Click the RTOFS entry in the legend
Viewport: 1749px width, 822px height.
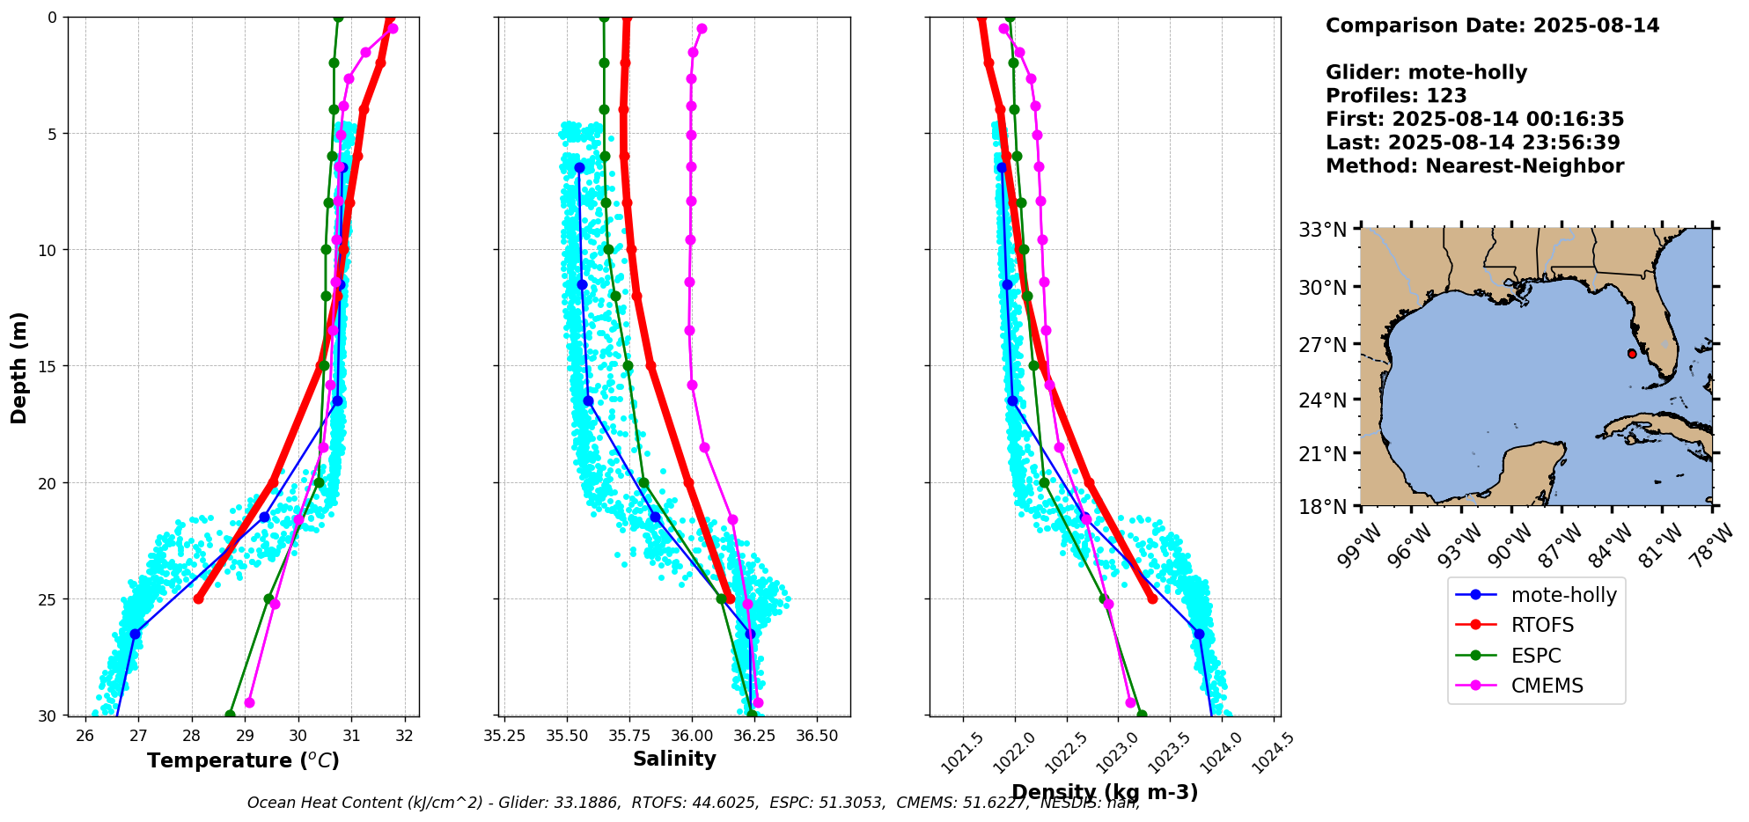(1541, 626)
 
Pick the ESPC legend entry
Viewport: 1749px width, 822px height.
(1535, 657)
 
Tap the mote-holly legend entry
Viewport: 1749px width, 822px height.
(1563, 596)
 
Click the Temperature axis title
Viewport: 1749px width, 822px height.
(243, 761)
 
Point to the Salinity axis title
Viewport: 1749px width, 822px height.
(674, 760)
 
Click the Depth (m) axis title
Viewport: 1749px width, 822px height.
(19, 367)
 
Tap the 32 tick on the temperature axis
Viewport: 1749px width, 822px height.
(405, 736)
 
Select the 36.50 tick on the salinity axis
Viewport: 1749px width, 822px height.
(816, 736)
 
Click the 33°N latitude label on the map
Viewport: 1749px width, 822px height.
(1323, 231)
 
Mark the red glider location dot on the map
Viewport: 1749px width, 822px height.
(1632, 354)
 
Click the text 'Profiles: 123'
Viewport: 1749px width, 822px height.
(1396, 96)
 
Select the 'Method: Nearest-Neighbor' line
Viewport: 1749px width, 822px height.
(1474, 166)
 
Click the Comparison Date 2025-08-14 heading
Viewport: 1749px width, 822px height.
(1492, 26)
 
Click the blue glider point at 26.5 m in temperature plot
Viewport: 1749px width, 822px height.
(135, 634)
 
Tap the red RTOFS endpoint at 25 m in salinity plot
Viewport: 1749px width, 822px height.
(729, 598)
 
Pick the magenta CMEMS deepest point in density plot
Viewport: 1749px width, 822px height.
(1130, 702)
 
